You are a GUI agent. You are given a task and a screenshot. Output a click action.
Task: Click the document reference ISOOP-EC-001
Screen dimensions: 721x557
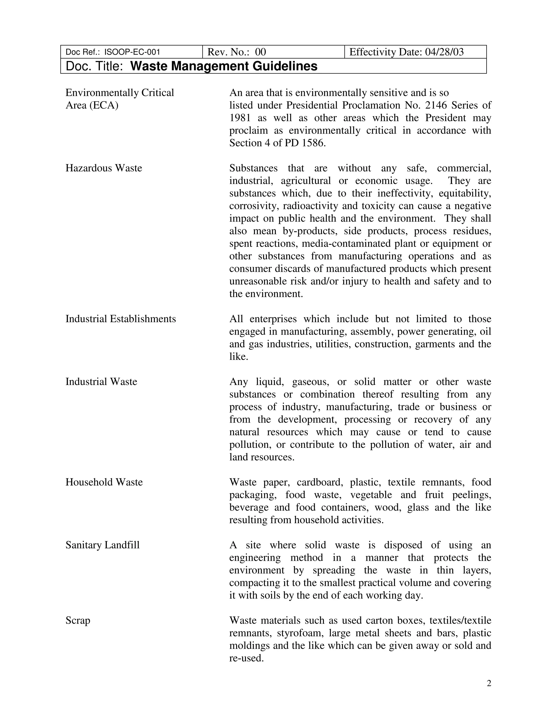click(x=132, y=52)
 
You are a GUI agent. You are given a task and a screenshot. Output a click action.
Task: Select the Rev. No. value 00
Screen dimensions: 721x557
click(x=260, y=52)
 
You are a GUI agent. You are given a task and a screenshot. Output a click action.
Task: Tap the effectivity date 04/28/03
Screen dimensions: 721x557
click(x=444, y=52)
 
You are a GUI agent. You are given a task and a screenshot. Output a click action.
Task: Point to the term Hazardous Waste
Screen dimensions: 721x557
click(x=104, y=168)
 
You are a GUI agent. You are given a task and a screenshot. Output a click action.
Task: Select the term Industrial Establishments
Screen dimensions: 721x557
click(x=120, y=319)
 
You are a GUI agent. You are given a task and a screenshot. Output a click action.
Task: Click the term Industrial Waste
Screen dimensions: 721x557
click(x=101, y=382)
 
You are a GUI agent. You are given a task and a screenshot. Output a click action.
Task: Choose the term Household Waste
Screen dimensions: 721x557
click(x=104, y=482)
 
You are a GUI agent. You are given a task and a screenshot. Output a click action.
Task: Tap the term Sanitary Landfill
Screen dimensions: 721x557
click(x=102, y=545)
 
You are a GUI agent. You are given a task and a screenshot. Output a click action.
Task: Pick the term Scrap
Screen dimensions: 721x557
click(x=78, y=621)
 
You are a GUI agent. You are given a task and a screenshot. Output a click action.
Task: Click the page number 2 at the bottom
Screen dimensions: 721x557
click(x=489, y=683)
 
